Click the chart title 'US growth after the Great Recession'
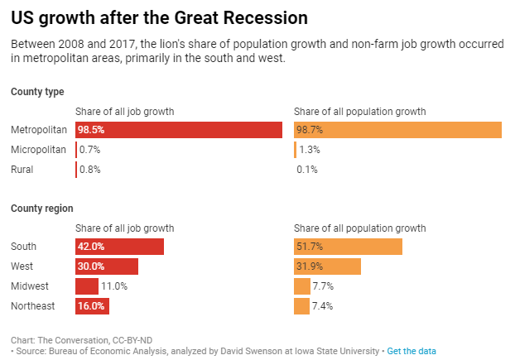tap(159, 17)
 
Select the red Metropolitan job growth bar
tap(179, 130)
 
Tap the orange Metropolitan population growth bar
tap(397, 130)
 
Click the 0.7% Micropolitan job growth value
tap(89, 150)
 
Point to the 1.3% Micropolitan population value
tap(310, 150)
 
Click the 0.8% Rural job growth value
tap(90, 170)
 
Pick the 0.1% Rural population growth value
tap(307, 170)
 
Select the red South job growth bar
tap(119, 247)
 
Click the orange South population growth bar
tap(348, 247)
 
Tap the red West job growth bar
tap(106, 266)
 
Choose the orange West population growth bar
tap(327, 266)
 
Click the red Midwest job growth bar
tap(86, 286)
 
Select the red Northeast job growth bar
tap(92, 306)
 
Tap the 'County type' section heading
tap(37, 92)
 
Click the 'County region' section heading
tap(41, 209)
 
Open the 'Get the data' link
tap(411, 351)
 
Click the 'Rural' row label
tap(23, 170)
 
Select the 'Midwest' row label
tap(29, 286)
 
